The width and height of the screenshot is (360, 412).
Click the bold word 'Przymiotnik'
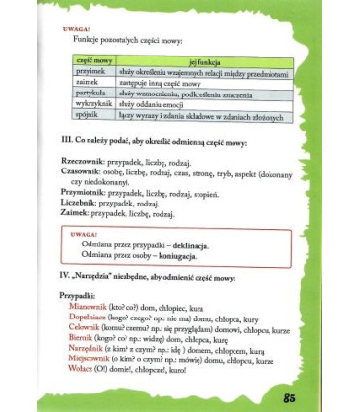(x=86, y=193)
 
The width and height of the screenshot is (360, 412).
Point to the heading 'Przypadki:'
(x=77, y=294)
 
